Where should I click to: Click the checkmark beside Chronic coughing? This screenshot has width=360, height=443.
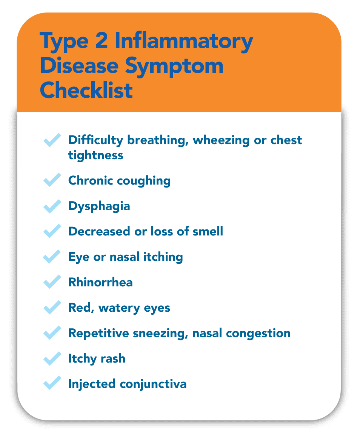pos(52,180)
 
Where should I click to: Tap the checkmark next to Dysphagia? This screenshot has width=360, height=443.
pos(52,206)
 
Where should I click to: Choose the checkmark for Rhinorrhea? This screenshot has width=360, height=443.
pos(52,282)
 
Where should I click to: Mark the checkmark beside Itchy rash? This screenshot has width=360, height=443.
pos(52,358)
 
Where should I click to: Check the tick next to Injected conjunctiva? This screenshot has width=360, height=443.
pos(52,383)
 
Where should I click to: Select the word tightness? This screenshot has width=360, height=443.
pos(96,155)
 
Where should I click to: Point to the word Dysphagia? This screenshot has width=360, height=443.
pos(99,206)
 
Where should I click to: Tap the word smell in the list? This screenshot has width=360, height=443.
pos(207,231)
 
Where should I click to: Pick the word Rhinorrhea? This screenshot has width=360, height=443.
pos(100,282)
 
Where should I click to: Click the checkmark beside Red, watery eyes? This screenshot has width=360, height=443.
pos(52,307)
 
